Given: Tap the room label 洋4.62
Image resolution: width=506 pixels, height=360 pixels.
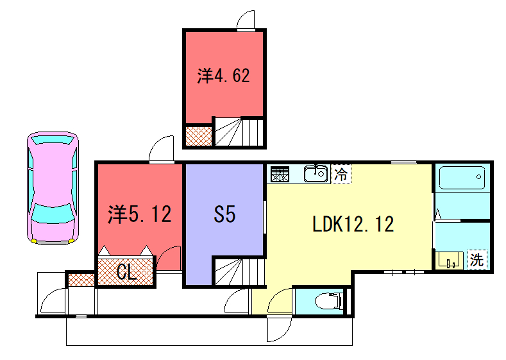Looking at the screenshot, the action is [x=223, y=74].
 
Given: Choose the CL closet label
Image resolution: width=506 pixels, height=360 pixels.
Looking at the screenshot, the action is [x=126, y=270].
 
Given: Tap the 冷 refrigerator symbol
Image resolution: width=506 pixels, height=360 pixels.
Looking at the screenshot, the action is [x=342, y=173].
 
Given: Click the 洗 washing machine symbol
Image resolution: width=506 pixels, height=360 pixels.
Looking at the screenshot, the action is [x=477, y=259].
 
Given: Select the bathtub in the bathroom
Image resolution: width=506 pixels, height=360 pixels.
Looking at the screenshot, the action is [x=461, y=182].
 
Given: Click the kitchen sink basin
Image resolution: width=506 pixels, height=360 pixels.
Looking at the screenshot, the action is [x=316, y=173].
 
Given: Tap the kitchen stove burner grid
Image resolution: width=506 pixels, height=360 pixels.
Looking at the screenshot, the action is [x=280, y=172].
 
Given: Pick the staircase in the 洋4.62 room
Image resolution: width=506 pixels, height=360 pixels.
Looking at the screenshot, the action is [x=241, y=131].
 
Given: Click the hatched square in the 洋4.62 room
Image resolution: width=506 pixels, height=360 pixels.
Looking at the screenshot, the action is [x=200, y=134].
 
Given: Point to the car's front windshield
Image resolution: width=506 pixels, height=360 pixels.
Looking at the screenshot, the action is [x=48, y=213].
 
